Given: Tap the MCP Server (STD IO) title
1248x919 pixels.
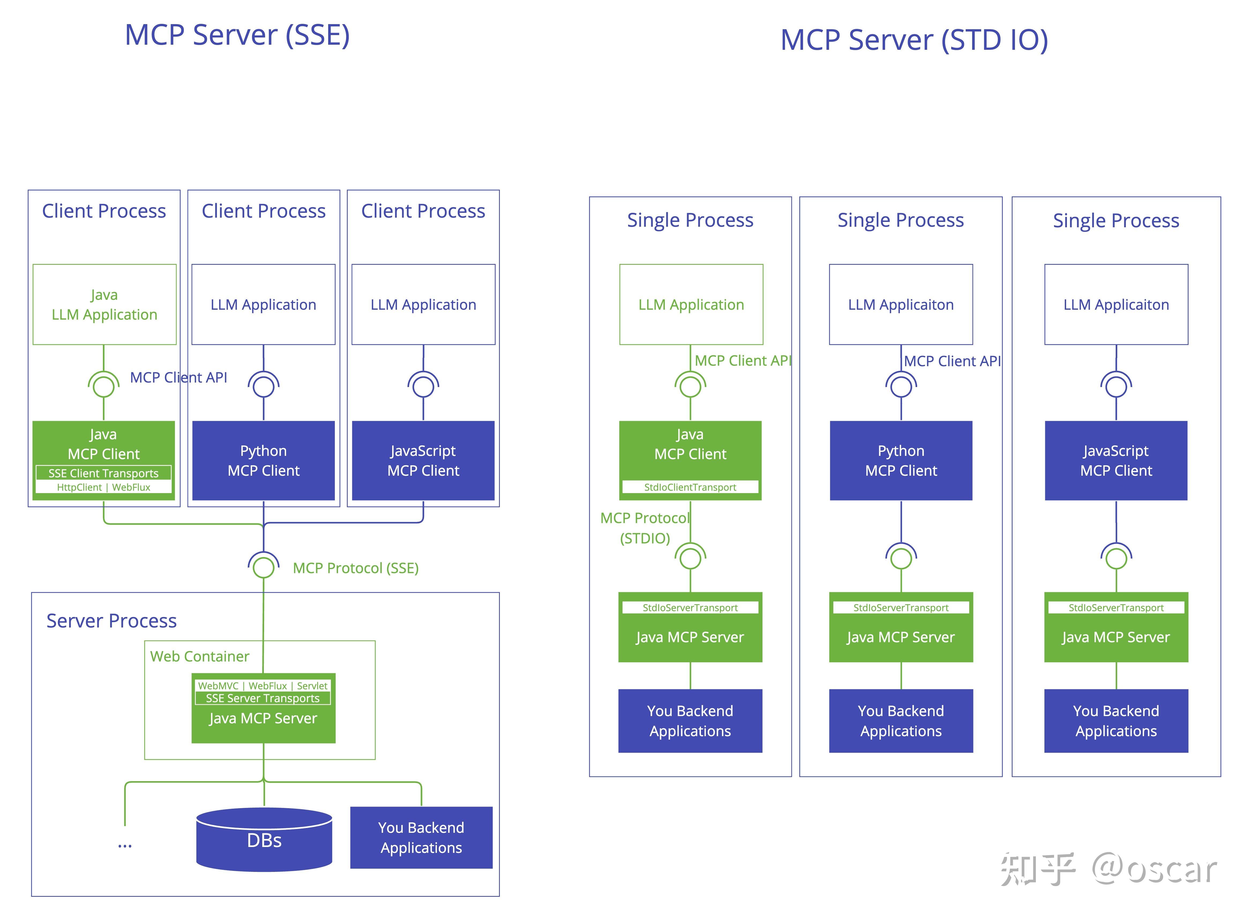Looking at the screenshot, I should point(913,40).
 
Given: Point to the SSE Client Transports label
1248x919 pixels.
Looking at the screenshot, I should point(104,473).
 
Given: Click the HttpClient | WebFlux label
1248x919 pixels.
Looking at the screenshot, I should point(104,487).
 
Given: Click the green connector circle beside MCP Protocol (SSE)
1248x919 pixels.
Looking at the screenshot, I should point(263,567).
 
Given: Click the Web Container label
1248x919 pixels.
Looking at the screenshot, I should point(199,656).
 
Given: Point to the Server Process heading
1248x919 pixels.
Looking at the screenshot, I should point(111,621).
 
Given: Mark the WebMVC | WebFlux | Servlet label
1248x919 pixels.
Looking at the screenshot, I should point(263,686).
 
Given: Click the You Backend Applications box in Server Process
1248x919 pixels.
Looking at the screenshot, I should point(421,837).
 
